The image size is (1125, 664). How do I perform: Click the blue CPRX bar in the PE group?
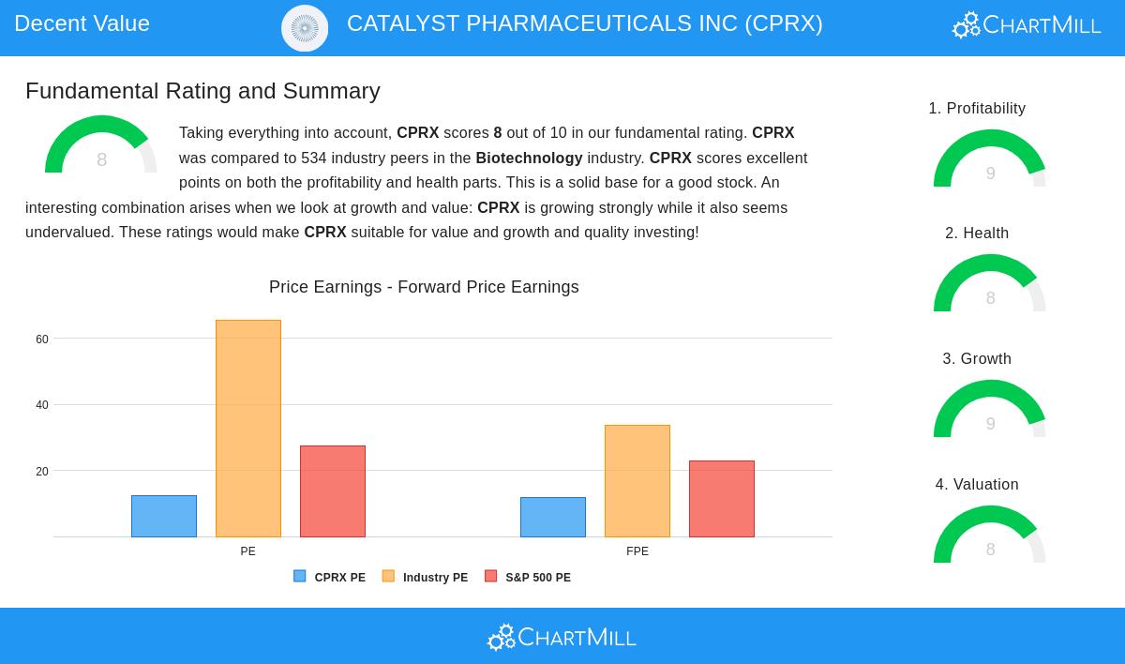tap(164, 516)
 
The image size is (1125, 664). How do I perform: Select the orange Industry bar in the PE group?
tap(248, 429)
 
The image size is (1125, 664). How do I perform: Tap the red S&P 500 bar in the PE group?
tap(333, 491)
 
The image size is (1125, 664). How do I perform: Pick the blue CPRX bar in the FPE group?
tap(553, 517)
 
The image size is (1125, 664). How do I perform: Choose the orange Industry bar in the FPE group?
tap(637, 481)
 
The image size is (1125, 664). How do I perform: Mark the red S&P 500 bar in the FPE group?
tap(722, 499)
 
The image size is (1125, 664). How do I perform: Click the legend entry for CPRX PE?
tap(329, 578)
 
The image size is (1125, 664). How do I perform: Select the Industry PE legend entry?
tap(425, 578)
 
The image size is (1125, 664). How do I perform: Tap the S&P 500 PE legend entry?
tap(528, 578)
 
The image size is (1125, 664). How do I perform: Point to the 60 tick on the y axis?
tap(42, 340)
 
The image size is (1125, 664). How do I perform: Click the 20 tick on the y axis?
tap(42, 472)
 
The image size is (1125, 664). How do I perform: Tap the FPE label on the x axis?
tap(637, 551)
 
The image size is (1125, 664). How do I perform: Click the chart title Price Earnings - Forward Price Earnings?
tap(424, 287)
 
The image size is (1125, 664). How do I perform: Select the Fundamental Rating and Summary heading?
tap(202, 91)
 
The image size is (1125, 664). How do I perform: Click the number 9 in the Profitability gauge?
tap(990, 174)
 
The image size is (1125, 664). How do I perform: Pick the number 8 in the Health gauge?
tap(990, 298)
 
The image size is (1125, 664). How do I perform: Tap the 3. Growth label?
tap(977, 359)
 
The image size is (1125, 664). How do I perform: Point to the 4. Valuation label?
tap(977, 485)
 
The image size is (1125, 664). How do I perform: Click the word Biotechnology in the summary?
tap(529, 158)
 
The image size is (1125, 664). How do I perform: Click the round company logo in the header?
tap(305, 28)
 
